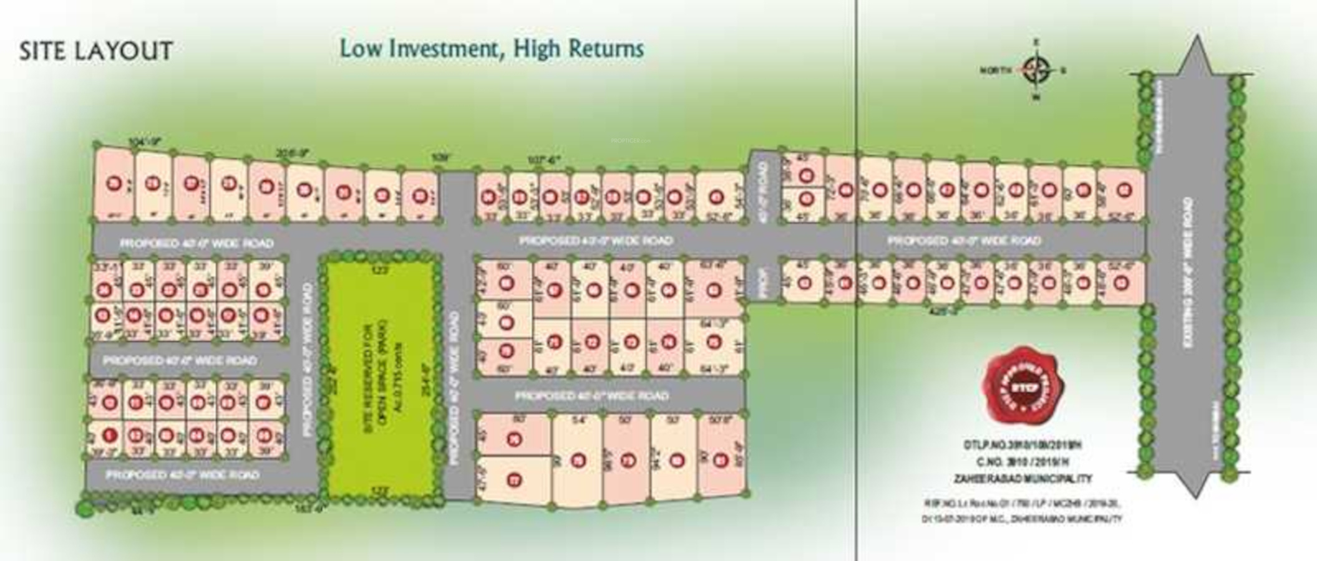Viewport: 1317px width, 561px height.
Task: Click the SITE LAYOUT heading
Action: tap(96, 51)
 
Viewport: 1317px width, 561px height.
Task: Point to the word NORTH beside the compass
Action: tap(996, 71)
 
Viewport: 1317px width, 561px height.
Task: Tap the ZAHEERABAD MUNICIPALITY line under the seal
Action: tap(1023, 479)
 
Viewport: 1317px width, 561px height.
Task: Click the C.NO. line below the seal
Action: tap(1023, 462)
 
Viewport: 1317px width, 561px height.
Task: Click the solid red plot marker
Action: tap(110, 434)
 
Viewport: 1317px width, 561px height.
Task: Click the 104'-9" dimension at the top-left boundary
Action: tap(144, 141)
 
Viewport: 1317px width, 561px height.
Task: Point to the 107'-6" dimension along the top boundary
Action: tap(545, 160)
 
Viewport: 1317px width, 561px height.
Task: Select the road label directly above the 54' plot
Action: tap(591, 396)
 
